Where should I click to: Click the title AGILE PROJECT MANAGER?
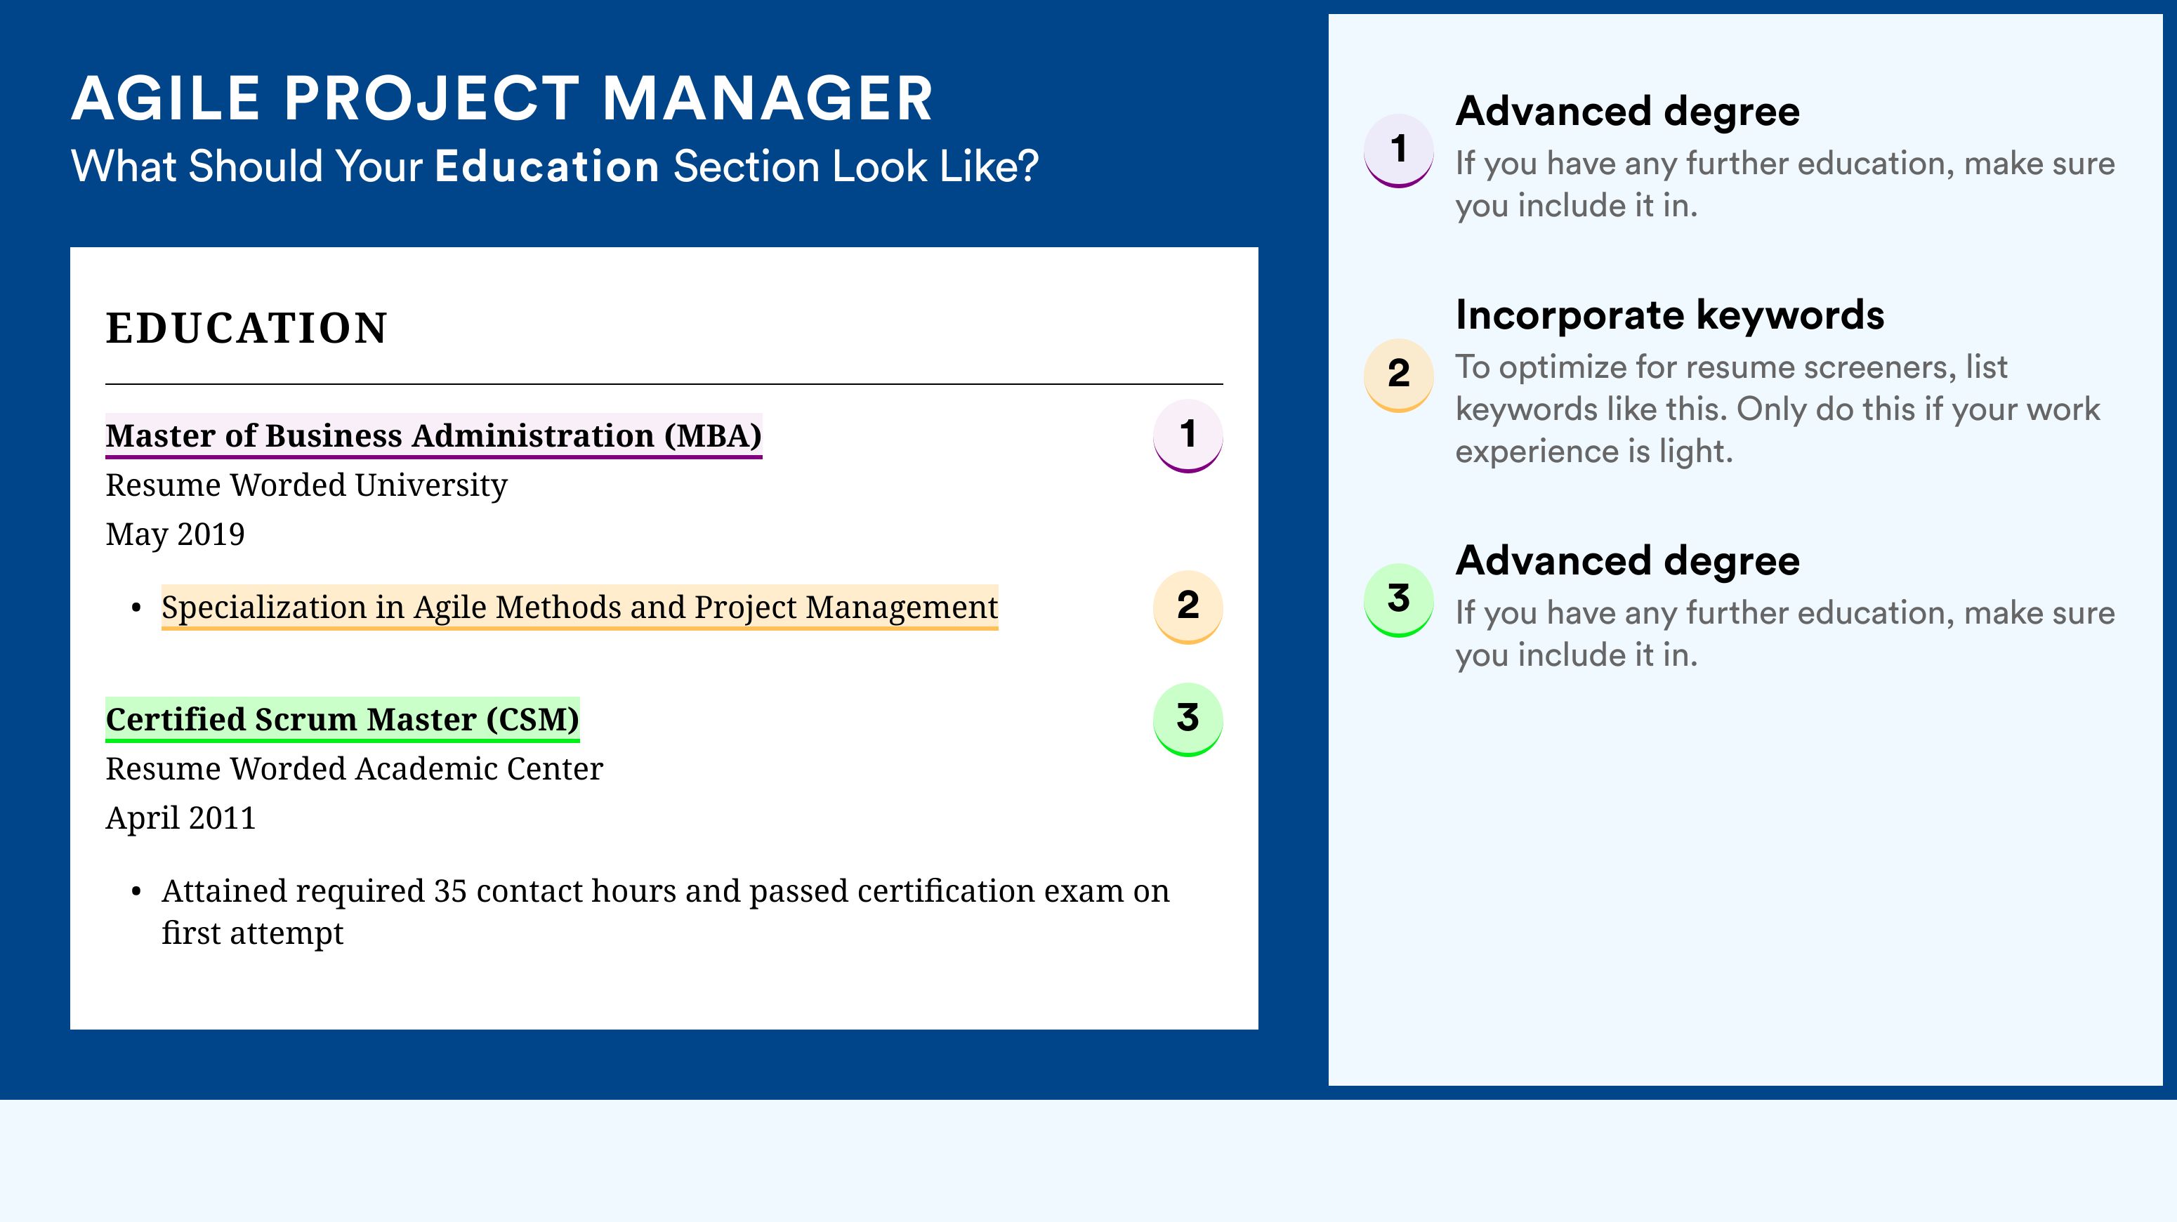click(x=502, y=99)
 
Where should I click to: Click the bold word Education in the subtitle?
click(x=547, y=166)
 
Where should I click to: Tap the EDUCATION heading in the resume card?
click(x=246, y=328)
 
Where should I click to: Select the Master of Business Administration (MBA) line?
click(x=433, y=436)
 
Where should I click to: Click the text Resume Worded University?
click(x=307, y=485)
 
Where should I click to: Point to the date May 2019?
click(x=175, y=534)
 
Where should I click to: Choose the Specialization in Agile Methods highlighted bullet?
click(x=580, y=607)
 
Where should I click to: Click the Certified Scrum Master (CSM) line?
click(x=342, y=719)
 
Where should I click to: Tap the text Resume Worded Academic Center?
click(x=354, y=768)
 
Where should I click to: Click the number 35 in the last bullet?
click(x=449, y=891)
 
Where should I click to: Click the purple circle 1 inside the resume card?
click(x=1188, y=435)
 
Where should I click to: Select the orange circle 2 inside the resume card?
click(x=1188, y=607)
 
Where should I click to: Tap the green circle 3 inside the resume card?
click(x=1188, y=719)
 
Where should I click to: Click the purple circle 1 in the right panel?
click(x=1399, y=150)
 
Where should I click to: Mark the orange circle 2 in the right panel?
click(x=1399, y=375)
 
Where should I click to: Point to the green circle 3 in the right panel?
click(x=1399, y=600)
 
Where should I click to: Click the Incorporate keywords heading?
click(x=1670, y=316)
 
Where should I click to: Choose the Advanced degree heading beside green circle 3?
click(x=1628, y=561)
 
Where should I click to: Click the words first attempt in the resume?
click(x=253, y=933)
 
